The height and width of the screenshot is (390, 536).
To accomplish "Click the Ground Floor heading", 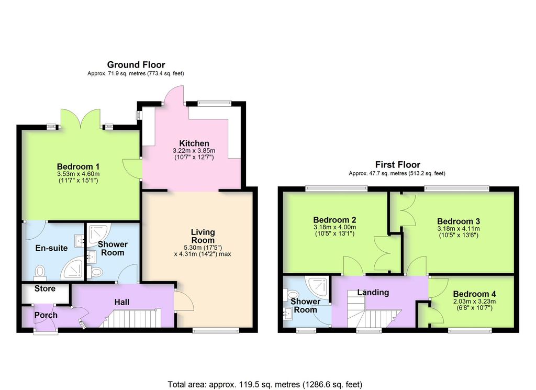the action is (136, 64).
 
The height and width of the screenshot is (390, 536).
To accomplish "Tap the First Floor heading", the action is (398, 164).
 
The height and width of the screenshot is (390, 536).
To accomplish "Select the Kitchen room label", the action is (194, 143).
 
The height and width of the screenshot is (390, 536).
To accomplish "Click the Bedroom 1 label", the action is (78, 166).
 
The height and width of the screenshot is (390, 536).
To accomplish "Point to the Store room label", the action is (45, 288).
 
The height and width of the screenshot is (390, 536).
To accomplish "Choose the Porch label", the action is (46, 315).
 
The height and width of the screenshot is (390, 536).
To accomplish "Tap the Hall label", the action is (121, 302).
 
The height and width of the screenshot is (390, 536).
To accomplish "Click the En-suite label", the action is (51, 248).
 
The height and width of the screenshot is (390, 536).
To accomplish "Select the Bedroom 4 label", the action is (474, 294).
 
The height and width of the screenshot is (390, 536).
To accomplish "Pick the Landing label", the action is (373, 292).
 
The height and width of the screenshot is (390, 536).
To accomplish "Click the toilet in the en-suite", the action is (40, 273).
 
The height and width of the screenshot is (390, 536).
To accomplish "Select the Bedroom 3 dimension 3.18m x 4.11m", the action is (459, 229).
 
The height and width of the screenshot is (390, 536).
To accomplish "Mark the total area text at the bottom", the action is (265, 385).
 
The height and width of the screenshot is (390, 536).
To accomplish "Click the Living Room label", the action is (203, 236).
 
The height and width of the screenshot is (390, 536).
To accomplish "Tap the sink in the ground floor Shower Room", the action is (91, 256).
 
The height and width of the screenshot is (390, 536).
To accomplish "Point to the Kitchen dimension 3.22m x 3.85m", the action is (194, 150).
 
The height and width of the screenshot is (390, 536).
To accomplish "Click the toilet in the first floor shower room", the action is (291, 295).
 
